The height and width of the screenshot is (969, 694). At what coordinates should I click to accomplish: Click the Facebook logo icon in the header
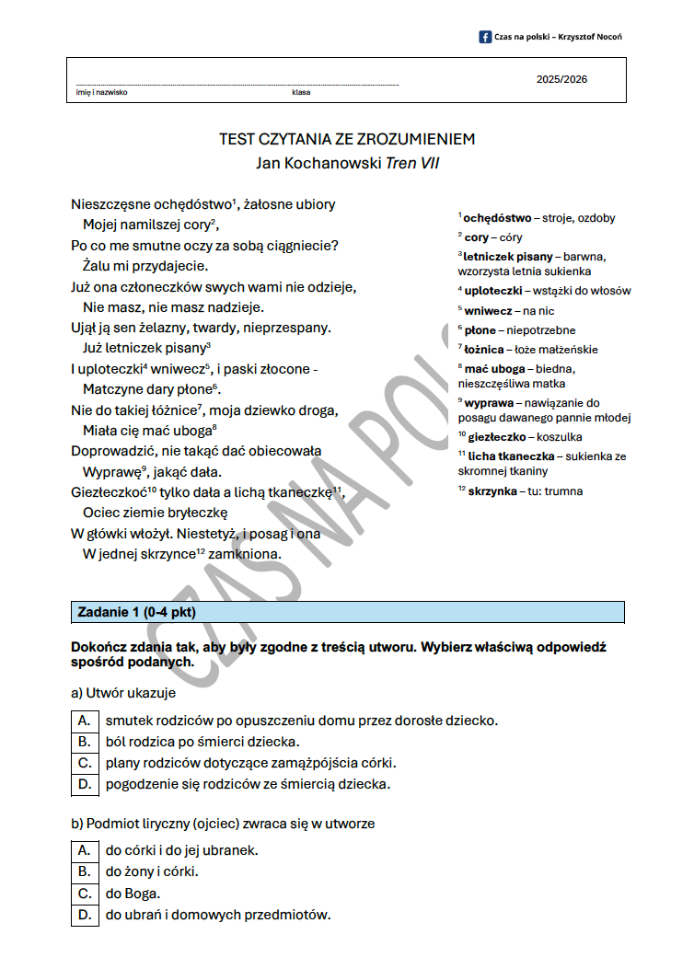tap(485, 37)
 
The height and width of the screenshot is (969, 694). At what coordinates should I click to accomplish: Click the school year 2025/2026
tap(561, 79)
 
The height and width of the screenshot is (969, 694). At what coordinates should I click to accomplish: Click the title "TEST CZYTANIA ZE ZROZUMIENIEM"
tap(347, 140)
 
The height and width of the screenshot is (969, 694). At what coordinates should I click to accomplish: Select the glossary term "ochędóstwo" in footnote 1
tap(497, 218)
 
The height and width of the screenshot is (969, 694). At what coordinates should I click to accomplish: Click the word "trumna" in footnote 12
tap(563, 490)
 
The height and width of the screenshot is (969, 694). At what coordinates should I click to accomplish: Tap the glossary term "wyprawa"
tap(489, 403)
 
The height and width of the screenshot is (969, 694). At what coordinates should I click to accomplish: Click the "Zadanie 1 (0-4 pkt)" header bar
tap(348, 612)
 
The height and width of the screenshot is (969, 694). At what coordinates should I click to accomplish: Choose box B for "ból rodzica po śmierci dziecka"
tap(84, 741)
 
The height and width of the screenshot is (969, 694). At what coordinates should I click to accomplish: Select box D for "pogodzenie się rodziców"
tap(84, 784)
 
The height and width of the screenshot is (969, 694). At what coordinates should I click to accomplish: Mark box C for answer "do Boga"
tap(84, 893)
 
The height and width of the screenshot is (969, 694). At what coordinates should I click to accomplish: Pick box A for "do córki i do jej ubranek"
tap(84, 849)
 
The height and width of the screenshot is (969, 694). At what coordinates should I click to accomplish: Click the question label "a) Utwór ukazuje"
tap(123, 693)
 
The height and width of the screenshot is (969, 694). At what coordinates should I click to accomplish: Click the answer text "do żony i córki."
tap(152, 871)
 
